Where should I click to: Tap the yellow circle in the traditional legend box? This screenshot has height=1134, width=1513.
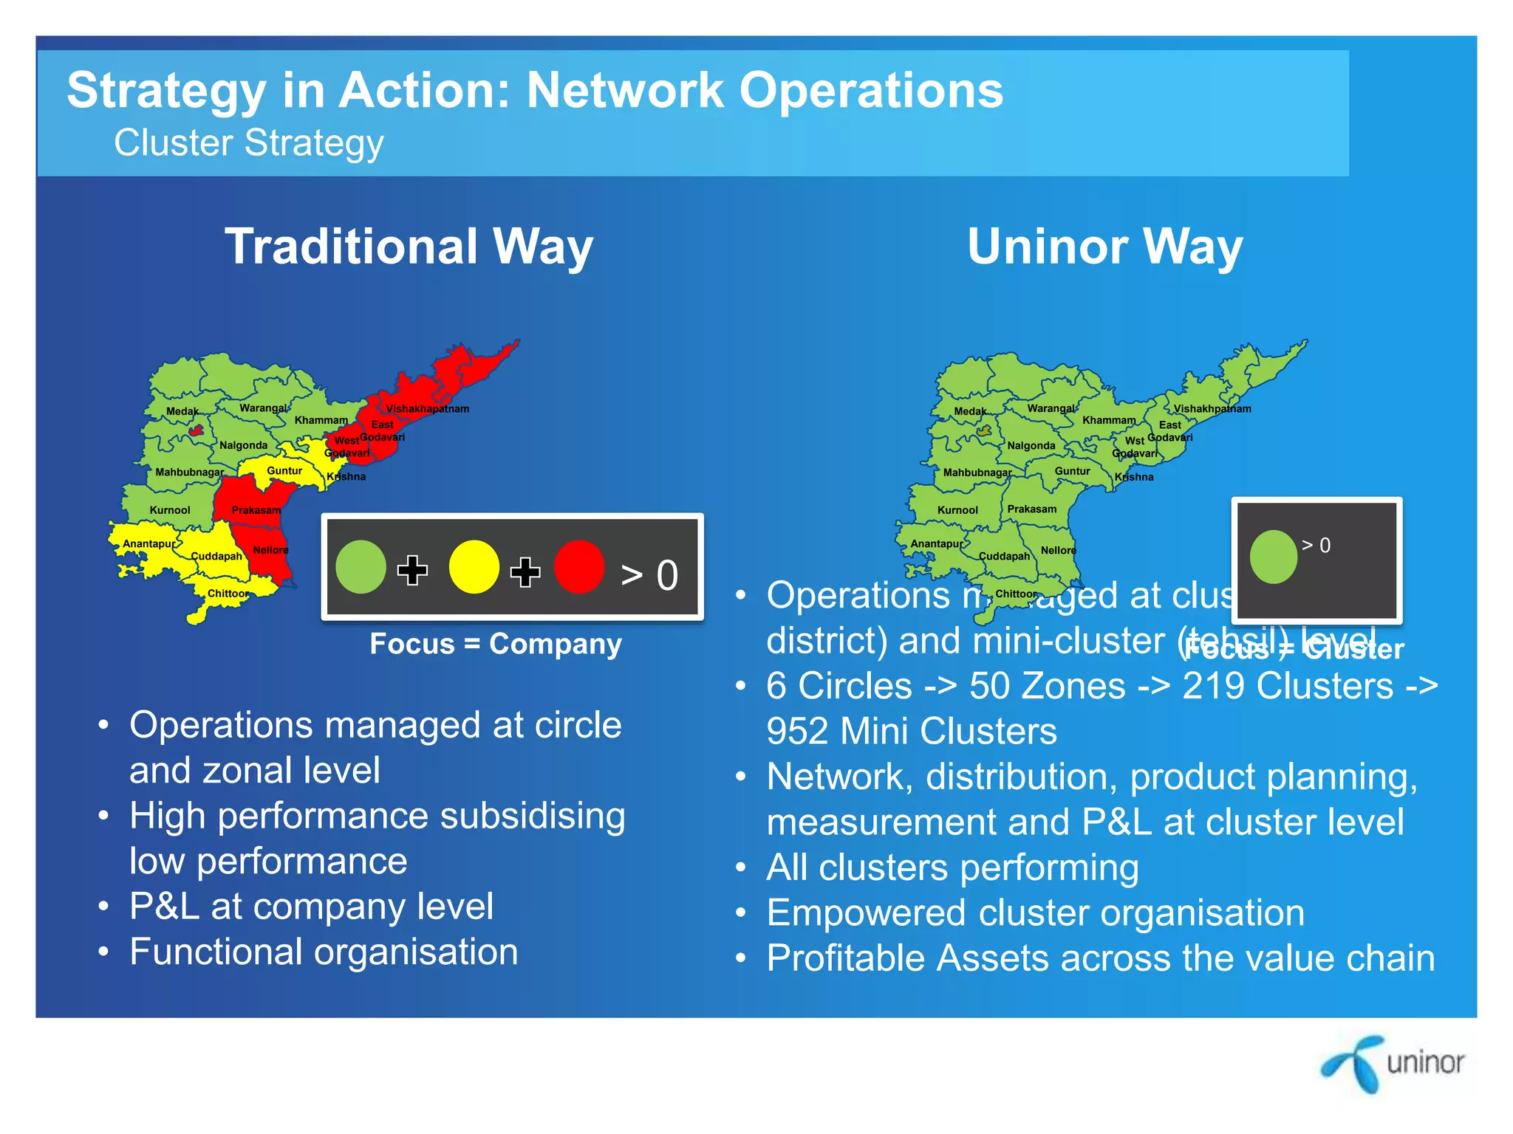pyautogui.click(x=474, y=567)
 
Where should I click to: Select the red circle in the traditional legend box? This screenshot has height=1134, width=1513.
pyautogui.click(x=579, y=567)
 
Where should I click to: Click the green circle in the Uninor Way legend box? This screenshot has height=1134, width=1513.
pyautogui.click(x=1273, y=557)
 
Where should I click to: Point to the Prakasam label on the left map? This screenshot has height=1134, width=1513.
pyautogui.click(x=256, y=510)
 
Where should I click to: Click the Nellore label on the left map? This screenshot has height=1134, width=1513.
pyautogui.click(x=270, y=550)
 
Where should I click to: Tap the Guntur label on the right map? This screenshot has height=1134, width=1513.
pyautogui.click(x=1072, y=471)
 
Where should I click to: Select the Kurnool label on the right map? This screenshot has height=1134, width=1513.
pyautogui.click(x=957, y=510)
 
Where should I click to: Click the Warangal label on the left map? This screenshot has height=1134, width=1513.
pyautogui.click(x=263, y=408)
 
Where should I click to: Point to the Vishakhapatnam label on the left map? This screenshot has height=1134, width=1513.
pyautogui.click(x=427, y=409)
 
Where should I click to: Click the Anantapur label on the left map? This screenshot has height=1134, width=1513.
pyautogui.click(x=149, y=544)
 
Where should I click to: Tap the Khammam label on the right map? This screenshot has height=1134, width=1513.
pyautogui.click(x=1109, y=420)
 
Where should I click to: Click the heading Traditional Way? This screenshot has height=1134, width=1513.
pyautogui.click(x=409, y=247)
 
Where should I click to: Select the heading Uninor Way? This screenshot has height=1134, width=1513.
pyautogui.click(x=1104, y=247)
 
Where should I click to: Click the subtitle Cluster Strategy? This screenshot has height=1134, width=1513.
pyautogui.click(x=248, y=143)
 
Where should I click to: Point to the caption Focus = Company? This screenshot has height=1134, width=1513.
pyautogui.click(x=496, y=644)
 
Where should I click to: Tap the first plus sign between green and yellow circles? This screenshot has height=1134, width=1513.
pyautogui.click(x=412, y=570)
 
